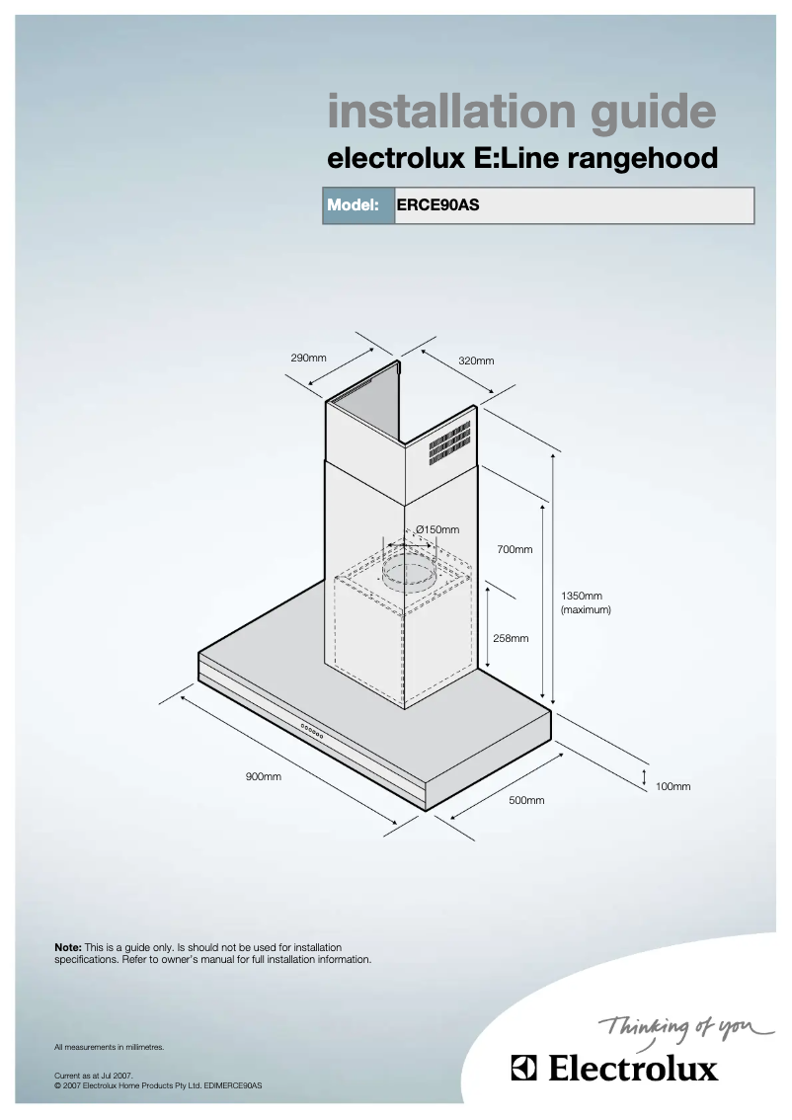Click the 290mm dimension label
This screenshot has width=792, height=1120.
coord(308,357)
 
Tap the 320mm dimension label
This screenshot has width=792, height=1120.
coord(476,361)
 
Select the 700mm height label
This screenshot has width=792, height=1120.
coord(515,549)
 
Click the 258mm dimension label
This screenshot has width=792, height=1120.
coord(511,638)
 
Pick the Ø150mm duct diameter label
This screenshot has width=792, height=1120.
coord(437,530)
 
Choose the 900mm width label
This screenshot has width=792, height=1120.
coord(264,777)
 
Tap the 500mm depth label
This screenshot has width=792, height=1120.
coord(526,800)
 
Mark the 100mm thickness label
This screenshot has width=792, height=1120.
coord(673,786)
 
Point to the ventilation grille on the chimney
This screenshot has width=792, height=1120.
coord(448,445)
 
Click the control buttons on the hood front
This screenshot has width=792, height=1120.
coord(311,734)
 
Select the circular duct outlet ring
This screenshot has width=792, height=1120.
coord(407,572)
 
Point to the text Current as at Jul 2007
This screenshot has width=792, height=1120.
coord(93,1076)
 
